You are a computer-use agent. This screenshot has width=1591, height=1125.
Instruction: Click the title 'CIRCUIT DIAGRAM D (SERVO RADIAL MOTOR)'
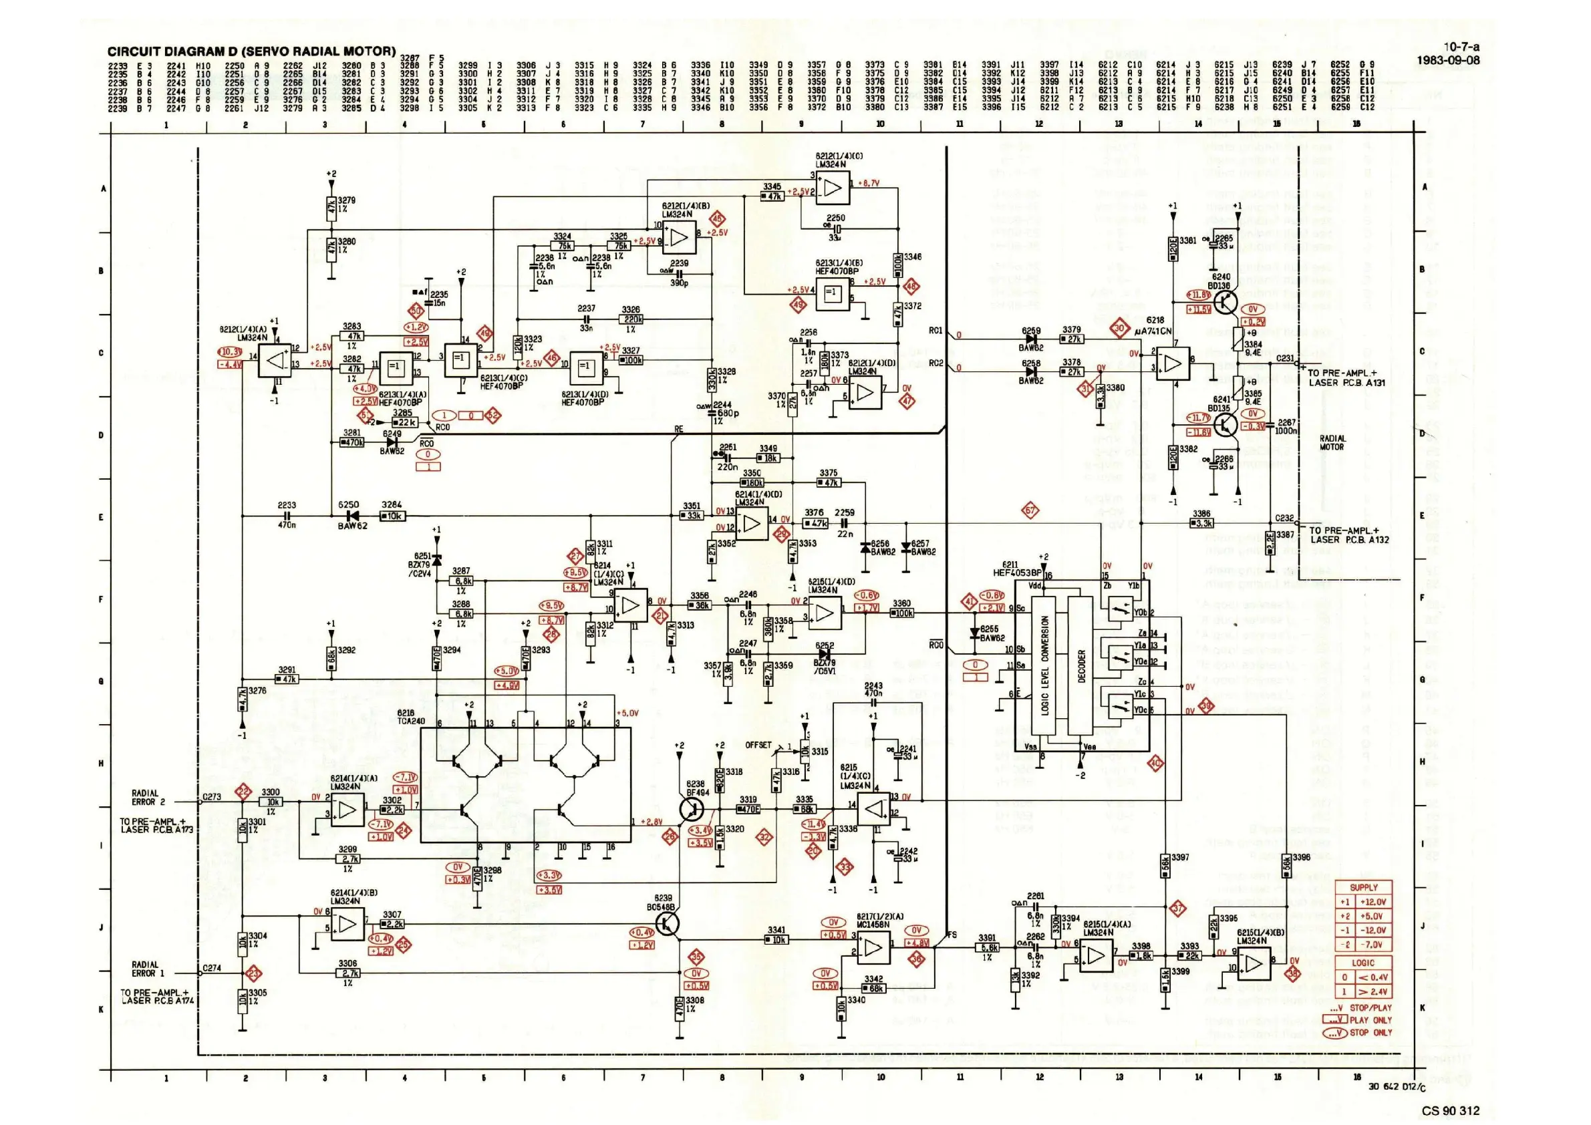[x=251, y=51]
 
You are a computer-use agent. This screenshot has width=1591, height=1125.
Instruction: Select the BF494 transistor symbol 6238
[x=691, y=809]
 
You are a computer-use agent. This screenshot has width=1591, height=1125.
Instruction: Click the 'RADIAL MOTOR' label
[x=1332, y=443]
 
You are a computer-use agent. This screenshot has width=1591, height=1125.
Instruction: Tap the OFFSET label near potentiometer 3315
[x=758, y=746]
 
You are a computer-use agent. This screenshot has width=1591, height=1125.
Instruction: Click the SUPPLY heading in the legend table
[x=1363, y=887]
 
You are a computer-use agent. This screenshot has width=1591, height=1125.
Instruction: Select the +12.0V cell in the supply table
[x=1372, y=902]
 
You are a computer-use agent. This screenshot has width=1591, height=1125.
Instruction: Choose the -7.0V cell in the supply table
[x=1372, y=944]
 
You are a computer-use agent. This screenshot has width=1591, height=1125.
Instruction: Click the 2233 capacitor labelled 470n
[x=286, y=516]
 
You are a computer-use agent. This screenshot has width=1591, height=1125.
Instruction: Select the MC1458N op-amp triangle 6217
[x=874, y=947]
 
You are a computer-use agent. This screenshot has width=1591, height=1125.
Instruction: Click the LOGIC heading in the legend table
[x=1363, y=963]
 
